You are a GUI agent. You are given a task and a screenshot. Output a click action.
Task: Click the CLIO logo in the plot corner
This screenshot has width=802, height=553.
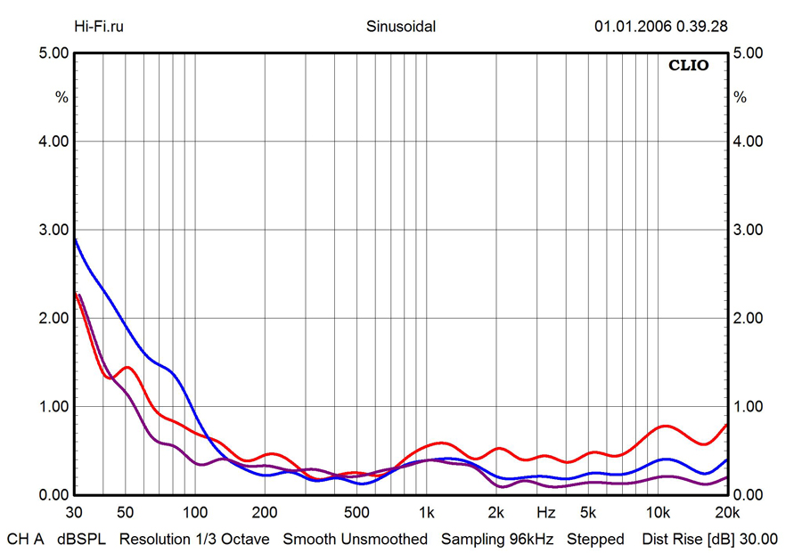click(689, 66)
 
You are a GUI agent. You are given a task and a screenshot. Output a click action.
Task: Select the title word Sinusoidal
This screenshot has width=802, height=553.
click(401, 26)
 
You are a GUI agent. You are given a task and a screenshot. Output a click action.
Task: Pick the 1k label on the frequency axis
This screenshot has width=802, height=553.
click(427, 513)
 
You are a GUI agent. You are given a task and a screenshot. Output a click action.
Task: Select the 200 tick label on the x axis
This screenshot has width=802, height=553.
click(264, 513)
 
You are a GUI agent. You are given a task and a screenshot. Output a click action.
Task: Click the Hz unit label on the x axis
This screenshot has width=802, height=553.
click(546, 513)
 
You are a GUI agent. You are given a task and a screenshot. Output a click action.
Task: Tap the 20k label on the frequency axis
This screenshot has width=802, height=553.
click(727, 513)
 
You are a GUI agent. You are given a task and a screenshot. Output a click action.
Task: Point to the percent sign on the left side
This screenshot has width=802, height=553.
click(61, 97)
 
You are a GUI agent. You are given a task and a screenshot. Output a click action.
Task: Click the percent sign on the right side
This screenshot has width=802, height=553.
click(740, 97)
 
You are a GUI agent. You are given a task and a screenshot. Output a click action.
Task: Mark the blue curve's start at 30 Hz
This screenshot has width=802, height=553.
click(75, 239)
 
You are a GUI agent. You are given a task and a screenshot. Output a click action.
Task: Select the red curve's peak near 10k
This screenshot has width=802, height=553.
click(665, 426)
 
